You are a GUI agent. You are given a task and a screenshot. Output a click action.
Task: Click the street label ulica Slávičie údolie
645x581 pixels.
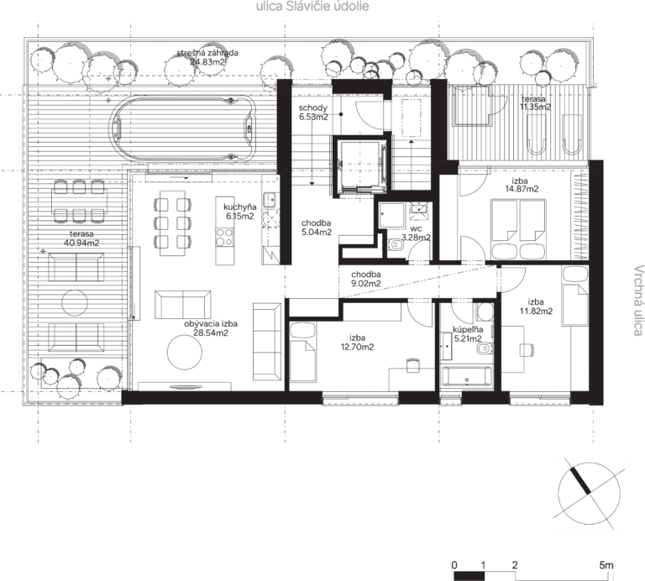tap(312, 6)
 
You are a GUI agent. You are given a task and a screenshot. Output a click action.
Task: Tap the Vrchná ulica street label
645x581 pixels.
tap(637, 301)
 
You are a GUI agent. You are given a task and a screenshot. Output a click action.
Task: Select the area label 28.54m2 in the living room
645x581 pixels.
tap(211, 332)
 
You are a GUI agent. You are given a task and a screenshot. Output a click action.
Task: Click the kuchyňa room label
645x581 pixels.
tap(240, 207)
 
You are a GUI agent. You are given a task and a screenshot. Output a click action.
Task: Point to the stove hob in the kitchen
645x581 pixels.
tap(224, 238)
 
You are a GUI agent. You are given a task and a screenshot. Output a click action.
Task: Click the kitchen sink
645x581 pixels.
tap(270, 200)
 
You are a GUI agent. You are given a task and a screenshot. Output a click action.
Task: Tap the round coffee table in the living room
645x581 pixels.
tap(185, 353)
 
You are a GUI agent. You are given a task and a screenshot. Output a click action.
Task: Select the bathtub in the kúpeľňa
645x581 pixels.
tap(466, 377)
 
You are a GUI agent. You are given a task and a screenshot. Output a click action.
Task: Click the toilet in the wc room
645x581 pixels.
tap(396, 245)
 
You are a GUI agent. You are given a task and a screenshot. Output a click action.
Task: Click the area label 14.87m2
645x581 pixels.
tap(522, 189)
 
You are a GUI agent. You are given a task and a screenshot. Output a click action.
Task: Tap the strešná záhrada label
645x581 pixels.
tap(207, 53)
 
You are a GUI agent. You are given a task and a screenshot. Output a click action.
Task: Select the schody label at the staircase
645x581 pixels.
tap(313, 107)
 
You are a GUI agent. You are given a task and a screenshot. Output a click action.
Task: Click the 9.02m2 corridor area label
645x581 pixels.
tap(365, 283)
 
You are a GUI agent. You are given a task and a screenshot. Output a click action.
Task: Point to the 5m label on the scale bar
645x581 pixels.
tap(606, 565)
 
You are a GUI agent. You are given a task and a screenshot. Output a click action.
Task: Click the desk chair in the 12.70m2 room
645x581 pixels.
tap(412, 365)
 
